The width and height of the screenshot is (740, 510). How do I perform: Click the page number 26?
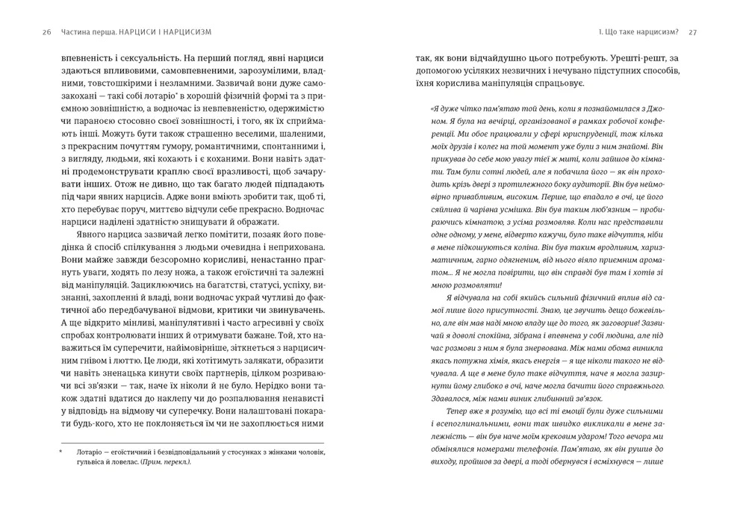(47, 32)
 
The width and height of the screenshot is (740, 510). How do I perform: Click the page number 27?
(691, 32)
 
